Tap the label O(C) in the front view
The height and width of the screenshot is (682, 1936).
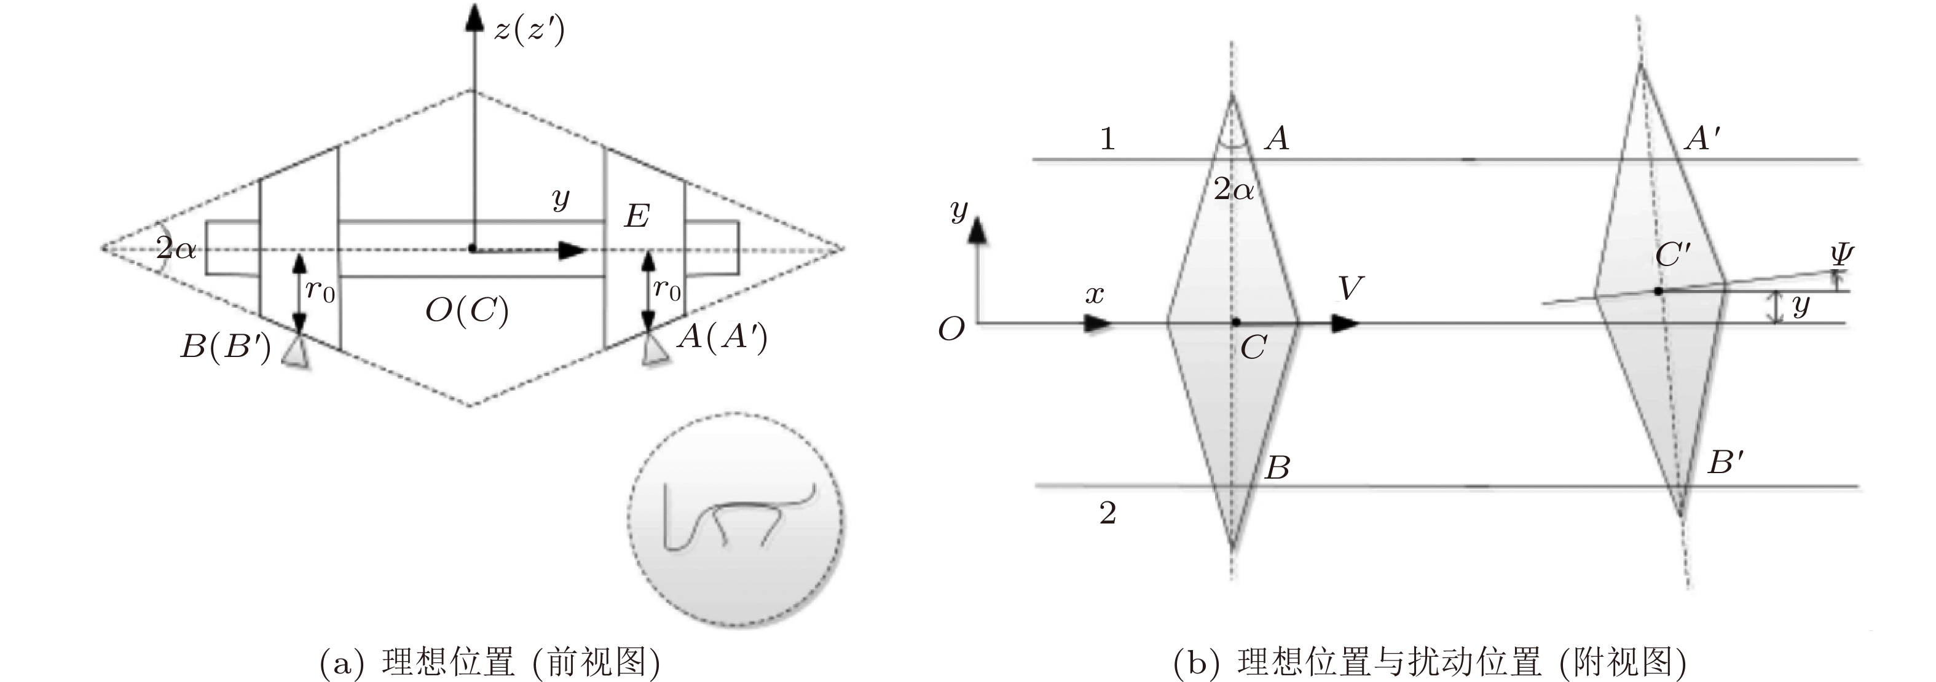point(466,310)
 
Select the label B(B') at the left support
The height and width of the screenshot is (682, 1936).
point(226,347)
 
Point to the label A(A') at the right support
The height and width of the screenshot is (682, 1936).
point(722,337)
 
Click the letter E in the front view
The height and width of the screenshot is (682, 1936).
point(637,216)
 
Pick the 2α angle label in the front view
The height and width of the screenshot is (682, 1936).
point(176,247)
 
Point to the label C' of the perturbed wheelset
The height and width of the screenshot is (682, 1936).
point(1672,256)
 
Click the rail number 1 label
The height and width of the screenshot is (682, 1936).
point(1107,139)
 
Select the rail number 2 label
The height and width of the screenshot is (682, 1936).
point(1108,513)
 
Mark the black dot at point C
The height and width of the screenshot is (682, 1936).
point(1235,322)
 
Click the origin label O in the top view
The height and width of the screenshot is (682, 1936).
point(951,329)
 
